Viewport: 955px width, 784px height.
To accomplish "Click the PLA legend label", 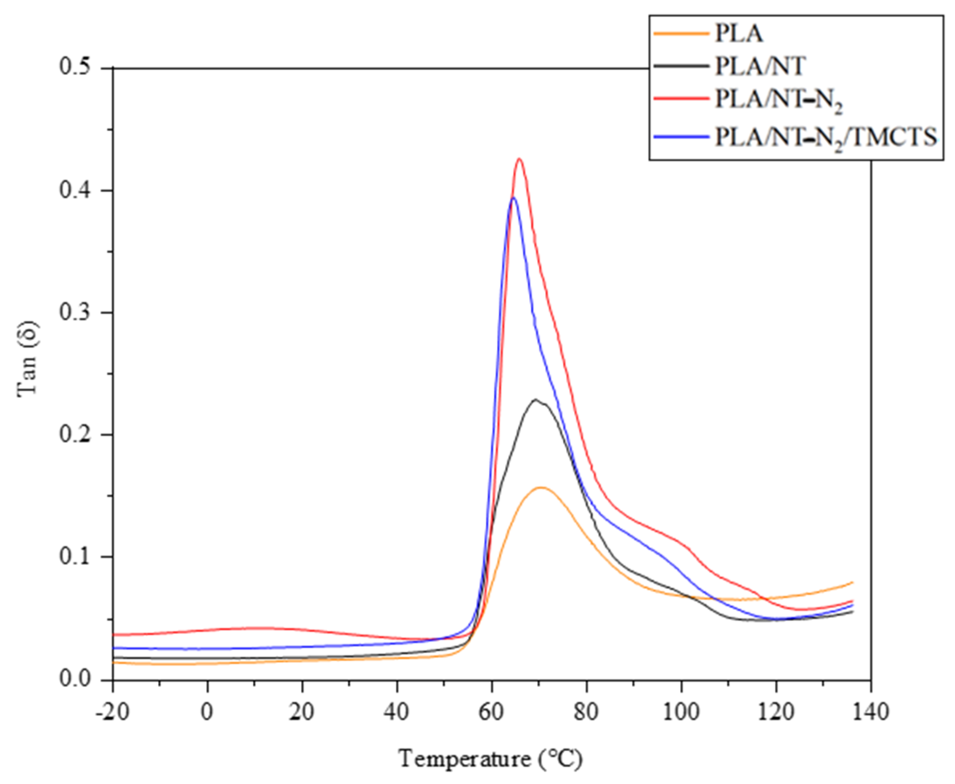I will pos(739,33).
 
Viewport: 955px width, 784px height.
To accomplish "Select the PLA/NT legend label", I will pos(760,67).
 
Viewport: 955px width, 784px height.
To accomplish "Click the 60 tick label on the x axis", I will pos(492,713).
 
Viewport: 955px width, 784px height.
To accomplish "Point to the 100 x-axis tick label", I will pos(681,713).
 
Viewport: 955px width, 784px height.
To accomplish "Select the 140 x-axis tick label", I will pos(871,713).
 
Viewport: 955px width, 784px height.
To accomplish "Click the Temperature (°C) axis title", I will pos(491,759).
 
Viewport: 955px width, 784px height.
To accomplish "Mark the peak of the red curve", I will pos(519,159).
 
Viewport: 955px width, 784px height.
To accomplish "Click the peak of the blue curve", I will pos(513,198).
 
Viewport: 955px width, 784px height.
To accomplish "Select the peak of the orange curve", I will pos(541,487).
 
